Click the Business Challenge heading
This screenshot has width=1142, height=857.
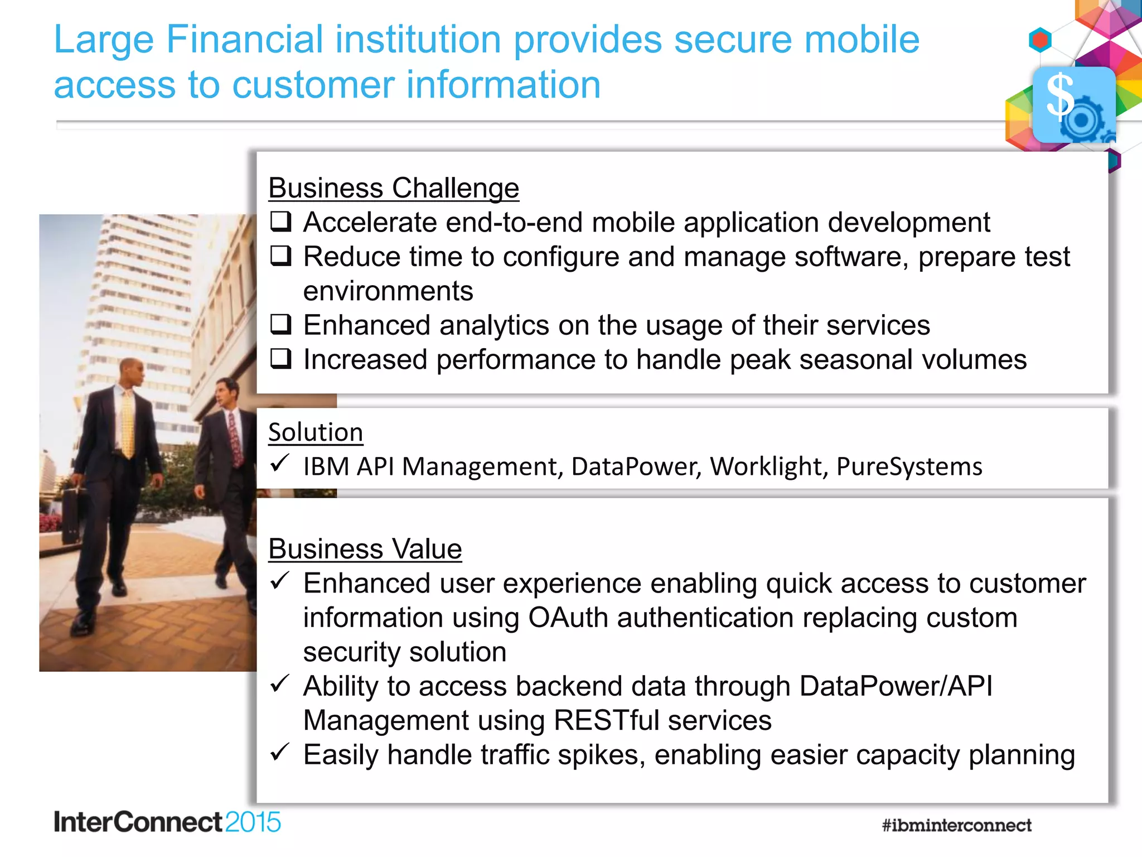coord(394,188)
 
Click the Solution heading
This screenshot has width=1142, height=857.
coord(316,432)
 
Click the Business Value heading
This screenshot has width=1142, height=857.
coord(365,549)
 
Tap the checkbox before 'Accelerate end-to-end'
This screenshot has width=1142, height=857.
coord(281,222)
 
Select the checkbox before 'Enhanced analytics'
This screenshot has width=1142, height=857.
coord(281,324)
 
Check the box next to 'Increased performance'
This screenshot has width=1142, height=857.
coord(281,359)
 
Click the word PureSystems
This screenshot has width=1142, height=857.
coord(909,466)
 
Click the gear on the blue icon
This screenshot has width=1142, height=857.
coord(1082,119)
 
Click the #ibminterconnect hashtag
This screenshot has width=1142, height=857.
coord(956,825)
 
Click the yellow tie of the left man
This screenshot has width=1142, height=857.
coord(128,424)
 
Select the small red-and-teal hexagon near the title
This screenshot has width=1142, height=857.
coord(1040,40)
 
